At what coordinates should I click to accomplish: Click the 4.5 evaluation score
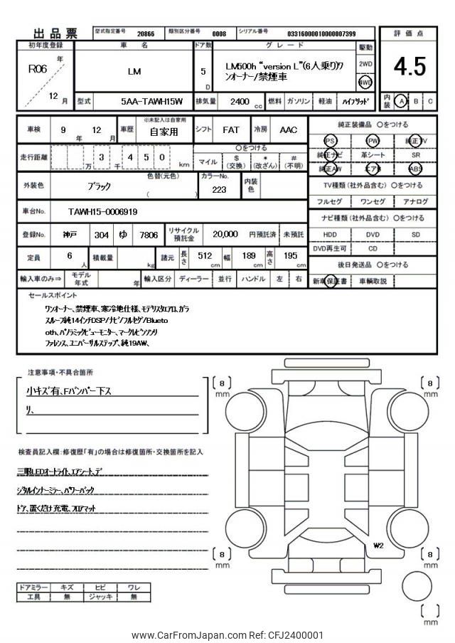pyautogui.click(x=409, y=66)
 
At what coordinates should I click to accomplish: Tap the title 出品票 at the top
pyautogui.click(x=58, y=33)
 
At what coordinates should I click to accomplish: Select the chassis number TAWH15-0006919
pyautogui.click(x=103, y=211)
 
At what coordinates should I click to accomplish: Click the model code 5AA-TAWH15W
pyautogui.click(x=151, y=102)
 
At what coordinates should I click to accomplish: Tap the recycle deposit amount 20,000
pyautogui.click(x=225, y=233)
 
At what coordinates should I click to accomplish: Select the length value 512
pyautogui.click(x=205, y=256)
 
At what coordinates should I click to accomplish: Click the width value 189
pyautogui.click(x=248, y=256)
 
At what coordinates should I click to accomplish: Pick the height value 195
pyautogui.click(x=291, y=256)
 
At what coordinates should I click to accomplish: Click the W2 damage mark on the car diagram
pyautogui.click(x=378, y=546)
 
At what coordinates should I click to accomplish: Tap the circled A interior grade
pyautogui.click(x=402, y=101)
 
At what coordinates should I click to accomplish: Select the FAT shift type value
pyautogui.click(x=230, y=131)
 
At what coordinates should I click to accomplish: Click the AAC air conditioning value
pyautogui.click(x=288, y=131)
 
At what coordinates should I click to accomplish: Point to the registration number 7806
pyautogui.click(x=149, y=234)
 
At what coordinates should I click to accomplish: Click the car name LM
pyautogui.click(x=134, y=71)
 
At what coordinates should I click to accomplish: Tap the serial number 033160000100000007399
pyautogui.click(x=321, y=33)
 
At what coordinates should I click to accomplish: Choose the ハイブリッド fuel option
pyautogui.click(x=355, y=102)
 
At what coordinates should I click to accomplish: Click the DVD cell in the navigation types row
pyautogui.click(x=373, y=234)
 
